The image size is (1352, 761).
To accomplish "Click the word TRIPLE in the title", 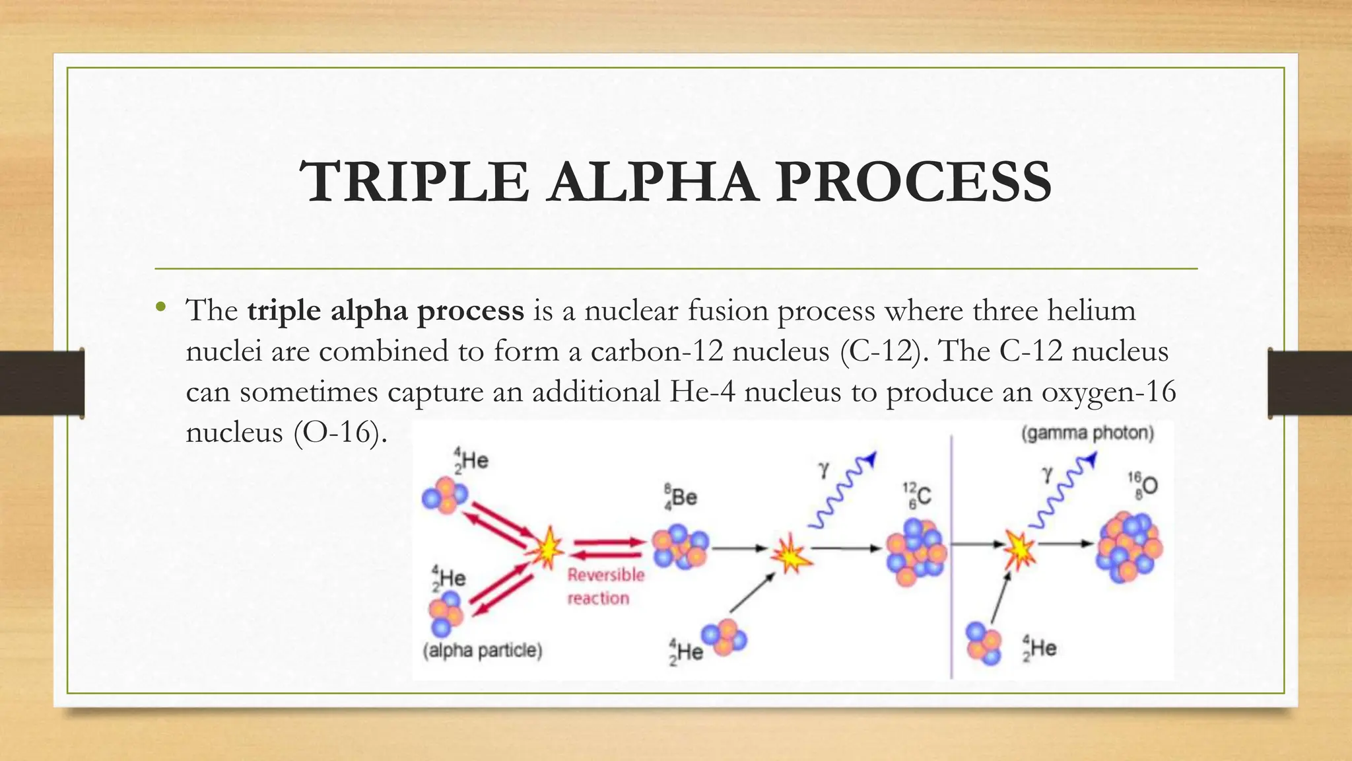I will [x=414, y=182].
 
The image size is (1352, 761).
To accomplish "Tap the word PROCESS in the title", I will [x=913, y=182].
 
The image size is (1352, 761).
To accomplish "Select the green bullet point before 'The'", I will [x=160, y=307].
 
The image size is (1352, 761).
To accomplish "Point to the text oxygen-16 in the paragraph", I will [x=1108, y=392].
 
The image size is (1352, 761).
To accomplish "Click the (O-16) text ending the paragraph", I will [x=340, y=433].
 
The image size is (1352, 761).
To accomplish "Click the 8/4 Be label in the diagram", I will [x=681, y=497].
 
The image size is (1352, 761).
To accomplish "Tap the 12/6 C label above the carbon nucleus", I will [x=918, y=495].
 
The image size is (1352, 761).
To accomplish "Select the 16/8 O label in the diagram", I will [x=1143, y=485].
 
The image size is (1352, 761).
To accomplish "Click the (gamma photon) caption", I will [x=1087, y=433].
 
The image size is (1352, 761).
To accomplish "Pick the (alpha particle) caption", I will [x=483, y=651].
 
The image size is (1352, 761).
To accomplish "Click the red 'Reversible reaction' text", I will [x=605, y=586].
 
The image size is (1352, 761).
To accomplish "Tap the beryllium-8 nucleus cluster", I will [x=679, y=547].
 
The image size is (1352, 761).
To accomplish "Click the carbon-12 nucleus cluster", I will [x=916, y=552].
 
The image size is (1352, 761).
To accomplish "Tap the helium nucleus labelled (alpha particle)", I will [x=446, y=614].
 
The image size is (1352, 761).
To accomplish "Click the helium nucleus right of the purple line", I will [x=984, y=643].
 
